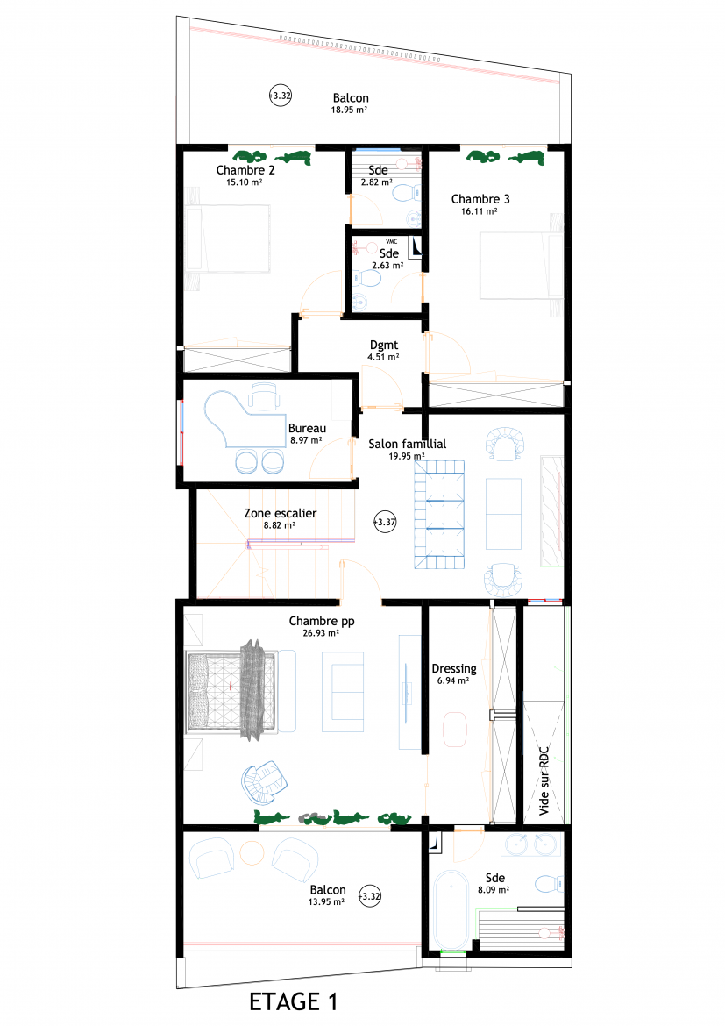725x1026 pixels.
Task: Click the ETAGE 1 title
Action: pos(293,1001)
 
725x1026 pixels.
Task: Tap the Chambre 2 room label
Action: pos(245,170)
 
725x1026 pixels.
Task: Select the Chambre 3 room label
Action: pos(480,199)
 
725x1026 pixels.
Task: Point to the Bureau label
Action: pos(307,429)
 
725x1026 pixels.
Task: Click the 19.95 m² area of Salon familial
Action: pos(407,456)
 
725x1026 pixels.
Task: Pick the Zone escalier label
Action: pos(280,514)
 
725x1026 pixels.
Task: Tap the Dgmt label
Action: pos(383,346)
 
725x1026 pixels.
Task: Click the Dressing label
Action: pos(454,669)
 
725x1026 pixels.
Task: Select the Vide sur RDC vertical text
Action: pos(544,781)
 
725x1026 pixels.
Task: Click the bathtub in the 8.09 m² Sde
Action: pos(451,909)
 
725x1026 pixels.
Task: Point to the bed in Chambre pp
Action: pos(231,691)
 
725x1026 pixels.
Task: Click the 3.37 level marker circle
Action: pos(386,522)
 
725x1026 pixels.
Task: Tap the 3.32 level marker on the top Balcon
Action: pos(281,96)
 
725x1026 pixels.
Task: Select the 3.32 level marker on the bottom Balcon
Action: pos(370,896)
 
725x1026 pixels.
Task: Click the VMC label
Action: pos(391,241)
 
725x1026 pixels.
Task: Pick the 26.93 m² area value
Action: pos(321,633)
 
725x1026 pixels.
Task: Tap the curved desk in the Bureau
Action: pos(242,420)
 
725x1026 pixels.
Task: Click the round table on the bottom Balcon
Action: pos(252,852)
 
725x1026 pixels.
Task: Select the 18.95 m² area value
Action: pos(349,110)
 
